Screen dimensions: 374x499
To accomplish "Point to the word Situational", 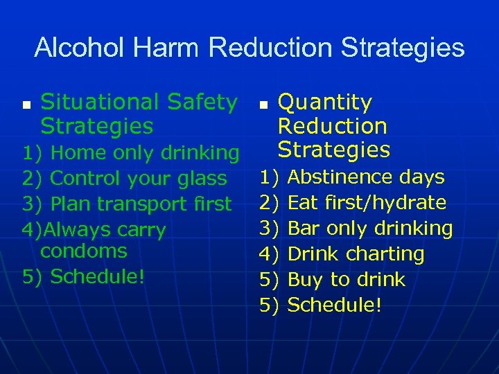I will pyautogui.click(x=103, y=103).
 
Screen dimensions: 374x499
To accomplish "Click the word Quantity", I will pyautogui.click(x=324, y=103).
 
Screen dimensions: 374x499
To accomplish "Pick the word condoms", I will pyautogui.click(x=84, y=251).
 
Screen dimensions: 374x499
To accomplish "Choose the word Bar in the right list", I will pyautogui.click(x=303, y=229).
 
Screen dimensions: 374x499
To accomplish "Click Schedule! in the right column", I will pyautogui.click(x=334, y=305).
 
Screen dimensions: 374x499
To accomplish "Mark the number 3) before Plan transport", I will pyautogui.click(x=32, y=204).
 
